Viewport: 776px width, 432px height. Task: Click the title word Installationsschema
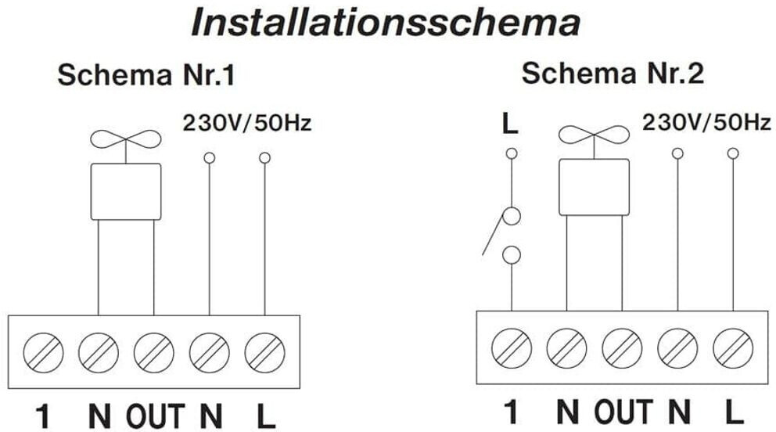[x=386, y=23]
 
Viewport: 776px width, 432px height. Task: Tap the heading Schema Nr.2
[x=613, y=74]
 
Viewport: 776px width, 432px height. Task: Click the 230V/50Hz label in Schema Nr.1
[x=246, y=123]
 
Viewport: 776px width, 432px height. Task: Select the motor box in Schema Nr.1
[x=126, y=192]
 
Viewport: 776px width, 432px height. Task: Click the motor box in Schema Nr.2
[x=595, y=187]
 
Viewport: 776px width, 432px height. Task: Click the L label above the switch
[x=510, y=124]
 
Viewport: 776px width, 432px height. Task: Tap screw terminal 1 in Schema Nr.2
[x=513, y=345]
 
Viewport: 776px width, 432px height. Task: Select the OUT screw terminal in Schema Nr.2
[x=623, y=345]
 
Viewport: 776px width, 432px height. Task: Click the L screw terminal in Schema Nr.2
[x=732, y=345]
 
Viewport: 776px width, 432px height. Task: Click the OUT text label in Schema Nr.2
[x=623, y=411]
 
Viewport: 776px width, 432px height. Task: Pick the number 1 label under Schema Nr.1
[x=44, y=416]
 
